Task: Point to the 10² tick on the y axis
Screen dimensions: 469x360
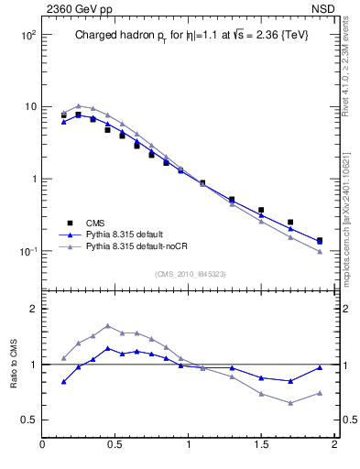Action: [28, 35]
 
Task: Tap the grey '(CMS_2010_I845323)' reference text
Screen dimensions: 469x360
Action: [190, 273]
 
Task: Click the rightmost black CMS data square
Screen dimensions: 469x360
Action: [320, 241]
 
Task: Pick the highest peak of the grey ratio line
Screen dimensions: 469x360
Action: [108, 325]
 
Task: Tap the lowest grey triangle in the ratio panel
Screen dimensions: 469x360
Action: [290, 403]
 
